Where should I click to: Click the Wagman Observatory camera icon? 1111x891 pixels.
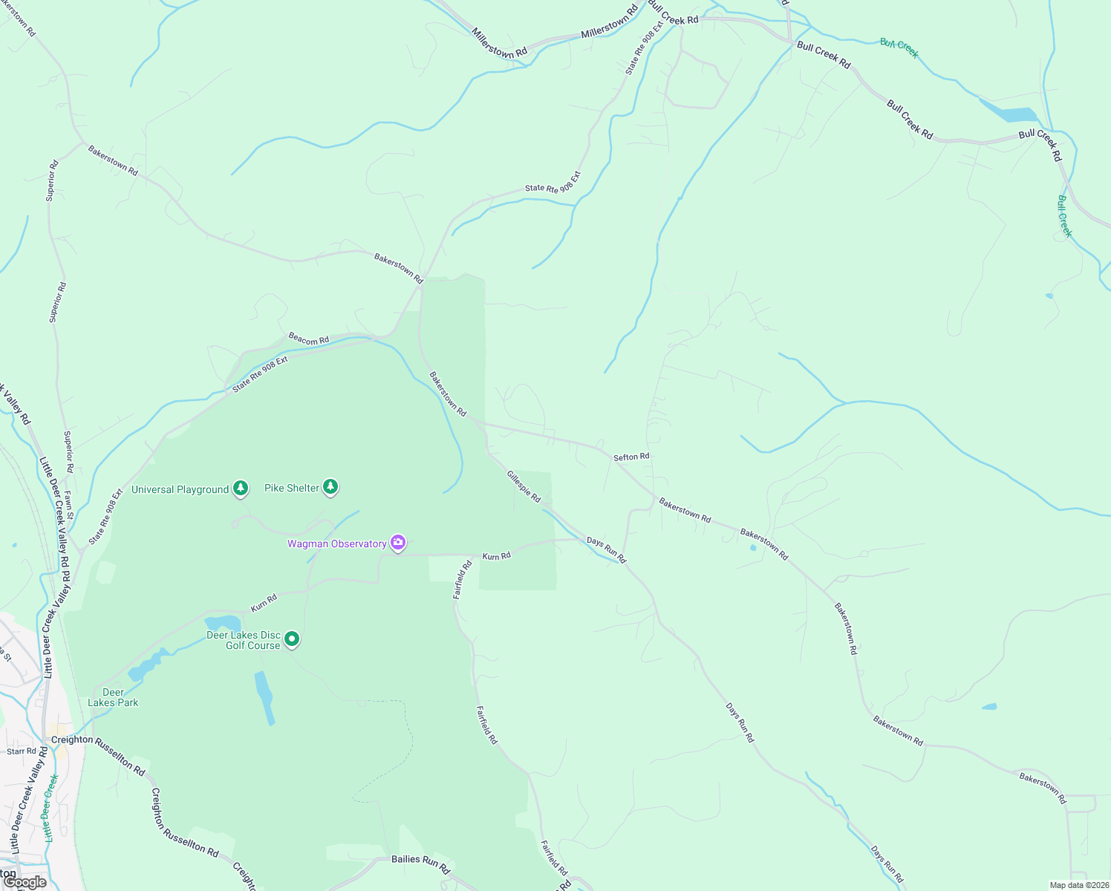pyautogui.click(x=398, y=543)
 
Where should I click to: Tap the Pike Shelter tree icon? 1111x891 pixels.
pyautogui.click(x=330, y=487)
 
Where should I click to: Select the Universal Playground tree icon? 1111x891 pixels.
pyautogui.click(x=240, y=488)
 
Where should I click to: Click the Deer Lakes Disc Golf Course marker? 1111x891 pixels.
pyautogui.click(x=292, y=639)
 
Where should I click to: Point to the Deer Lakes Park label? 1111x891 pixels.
pyautogui.click(x=113, y=697)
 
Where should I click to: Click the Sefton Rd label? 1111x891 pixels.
pyautogui.click(x=631, y=457)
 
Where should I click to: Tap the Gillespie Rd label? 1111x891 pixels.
pyautogui.click(x=524, y=486)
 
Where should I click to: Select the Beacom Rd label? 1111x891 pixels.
pyautogui.click(x=309, y=339)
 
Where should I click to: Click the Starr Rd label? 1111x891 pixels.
pyautogui.click(x=22, y=751)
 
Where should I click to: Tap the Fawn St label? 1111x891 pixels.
pyautogui.click(x=69, y=504)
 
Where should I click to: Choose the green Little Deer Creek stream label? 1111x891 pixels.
pyautogui.click(x=50, y=808)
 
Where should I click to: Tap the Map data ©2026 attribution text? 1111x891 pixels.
pyautogui.click(x=1078, y=885)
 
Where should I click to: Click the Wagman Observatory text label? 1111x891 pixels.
pyautogui.click(x=336, y=544)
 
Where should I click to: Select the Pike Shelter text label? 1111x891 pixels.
pyautogui.click(x=292, y=488)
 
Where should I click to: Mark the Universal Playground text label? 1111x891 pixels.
pyautogui.click(x=180, y=489)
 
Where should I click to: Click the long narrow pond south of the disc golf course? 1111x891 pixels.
pyautogui.click(x=264, y=698)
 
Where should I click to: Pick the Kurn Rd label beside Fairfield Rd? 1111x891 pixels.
pyautogui.click(x=497, y=556)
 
